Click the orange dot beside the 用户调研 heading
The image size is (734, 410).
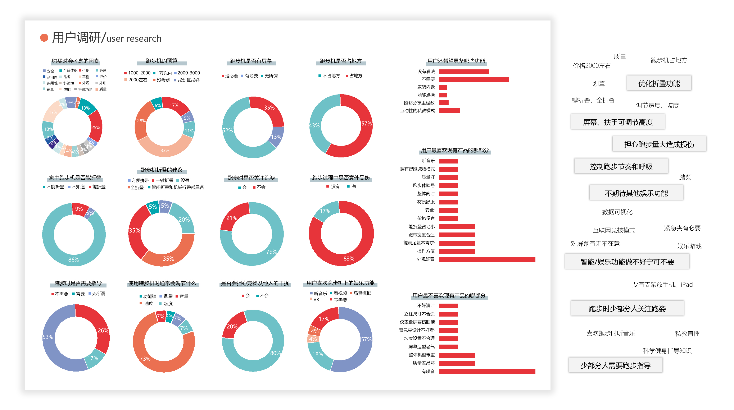(44, 38)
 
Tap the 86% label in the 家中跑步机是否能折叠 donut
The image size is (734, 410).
(73, 260)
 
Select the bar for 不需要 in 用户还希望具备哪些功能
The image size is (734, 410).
(474, 79)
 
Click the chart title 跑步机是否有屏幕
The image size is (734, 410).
(251, 61)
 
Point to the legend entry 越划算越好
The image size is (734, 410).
(188, 80)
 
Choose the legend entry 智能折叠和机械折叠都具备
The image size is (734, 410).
(177, 187)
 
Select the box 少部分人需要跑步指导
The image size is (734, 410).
(615, 366)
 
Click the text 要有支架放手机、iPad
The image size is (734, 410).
(662, 284)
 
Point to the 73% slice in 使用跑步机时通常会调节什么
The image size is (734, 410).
(145, 358)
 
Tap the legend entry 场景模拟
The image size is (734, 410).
(362, 293)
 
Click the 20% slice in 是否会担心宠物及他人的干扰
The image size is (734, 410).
(232, 326)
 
